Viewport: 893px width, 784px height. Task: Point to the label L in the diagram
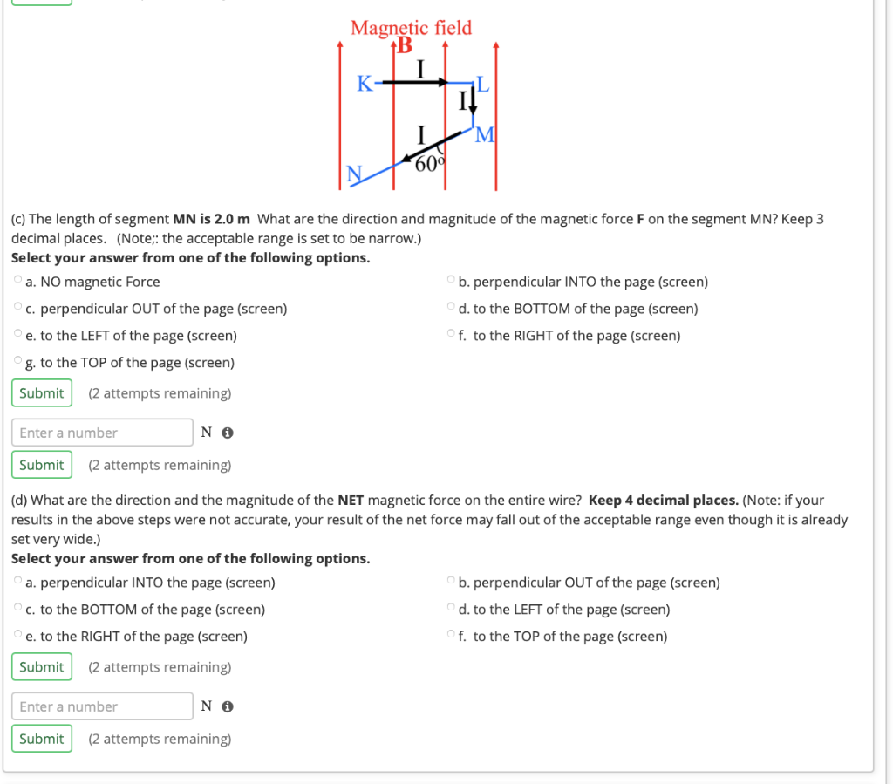click(x=483, y=85)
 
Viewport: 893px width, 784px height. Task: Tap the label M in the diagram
click(x=485, y=135)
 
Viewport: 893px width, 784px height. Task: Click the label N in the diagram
click(x=354, y=174)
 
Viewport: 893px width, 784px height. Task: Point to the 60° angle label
click(x=429, y=162)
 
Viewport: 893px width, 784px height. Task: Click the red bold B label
click(x=405, y=47)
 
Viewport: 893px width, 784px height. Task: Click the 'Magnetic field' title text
click(x=411, y=28)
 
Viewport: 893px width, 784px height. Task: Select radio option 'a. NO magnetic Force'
click(x=18, y=281)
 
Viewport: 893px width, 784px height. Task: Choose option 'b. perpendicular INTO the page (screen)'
click(x=451, y=281)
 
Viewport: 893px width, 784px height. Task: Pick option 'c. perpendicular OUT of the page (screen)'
click(x=18, y=308)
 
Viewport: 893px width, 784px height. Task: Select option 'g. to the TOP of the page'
click(x=18, y=362)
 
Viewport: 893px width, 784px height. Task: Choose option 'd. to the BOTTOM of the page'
click(x=451, y=308)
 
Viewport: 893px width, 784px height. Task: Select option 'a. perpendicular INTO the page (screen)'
click(x=18, y=582)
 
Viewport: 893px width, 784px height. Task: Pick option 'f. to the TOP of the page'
click(x=451, y=636)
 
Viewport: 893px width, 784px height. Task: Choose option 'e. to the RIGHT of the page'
click(x=18, y=636)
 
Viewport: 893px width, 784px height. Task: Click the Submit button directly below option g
click(x=41, y=393)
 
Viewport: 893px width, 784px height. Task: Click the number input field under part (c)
click(x=102, y=433)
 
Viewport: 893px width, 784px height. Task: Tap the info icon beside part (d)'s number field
click(x=227, y=706)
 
